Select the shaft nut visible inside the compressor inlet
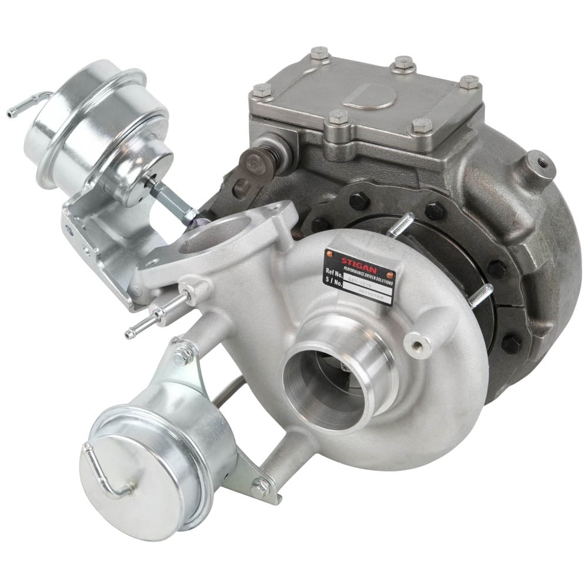coord(345,367)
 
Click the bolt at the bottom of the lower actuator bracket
coord(259,488)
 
